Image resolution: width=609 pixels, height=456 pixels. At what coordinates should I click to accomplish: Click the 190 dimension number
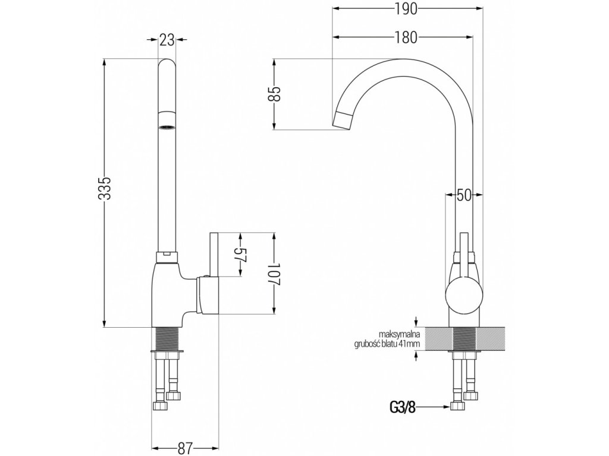pos(406,8)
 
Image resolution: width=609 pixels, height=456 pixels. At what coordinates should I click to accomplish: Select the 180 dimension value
pos(406,37)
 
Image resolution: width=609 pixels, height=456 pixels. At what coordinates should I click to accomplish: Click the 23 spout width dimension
pos(167,40)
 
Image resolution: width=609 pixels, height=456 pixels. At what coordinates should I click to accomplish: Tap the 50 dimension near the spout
pos(464,196)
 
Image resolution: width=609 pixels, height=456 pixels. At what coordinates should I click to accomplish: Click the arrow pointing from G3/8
pos(437,407)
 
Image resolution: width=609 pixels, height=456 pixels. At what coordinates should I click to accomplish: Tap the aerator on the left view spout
pos(167,125)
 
